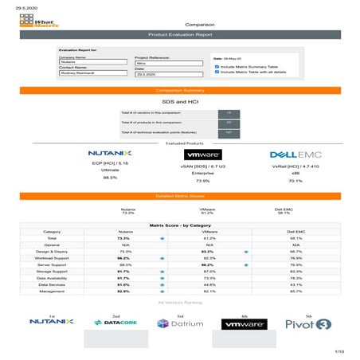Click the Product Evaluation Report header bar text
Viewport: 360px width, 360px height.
(x=181, y=36)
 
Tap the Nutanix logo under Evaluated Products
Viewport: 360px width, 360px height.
(x=105, y=151)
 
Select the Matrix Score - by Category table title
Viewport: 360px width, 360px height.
(x=180, y=225)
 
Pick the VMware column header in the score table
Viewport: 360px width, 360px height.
(x=209, y=232)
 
